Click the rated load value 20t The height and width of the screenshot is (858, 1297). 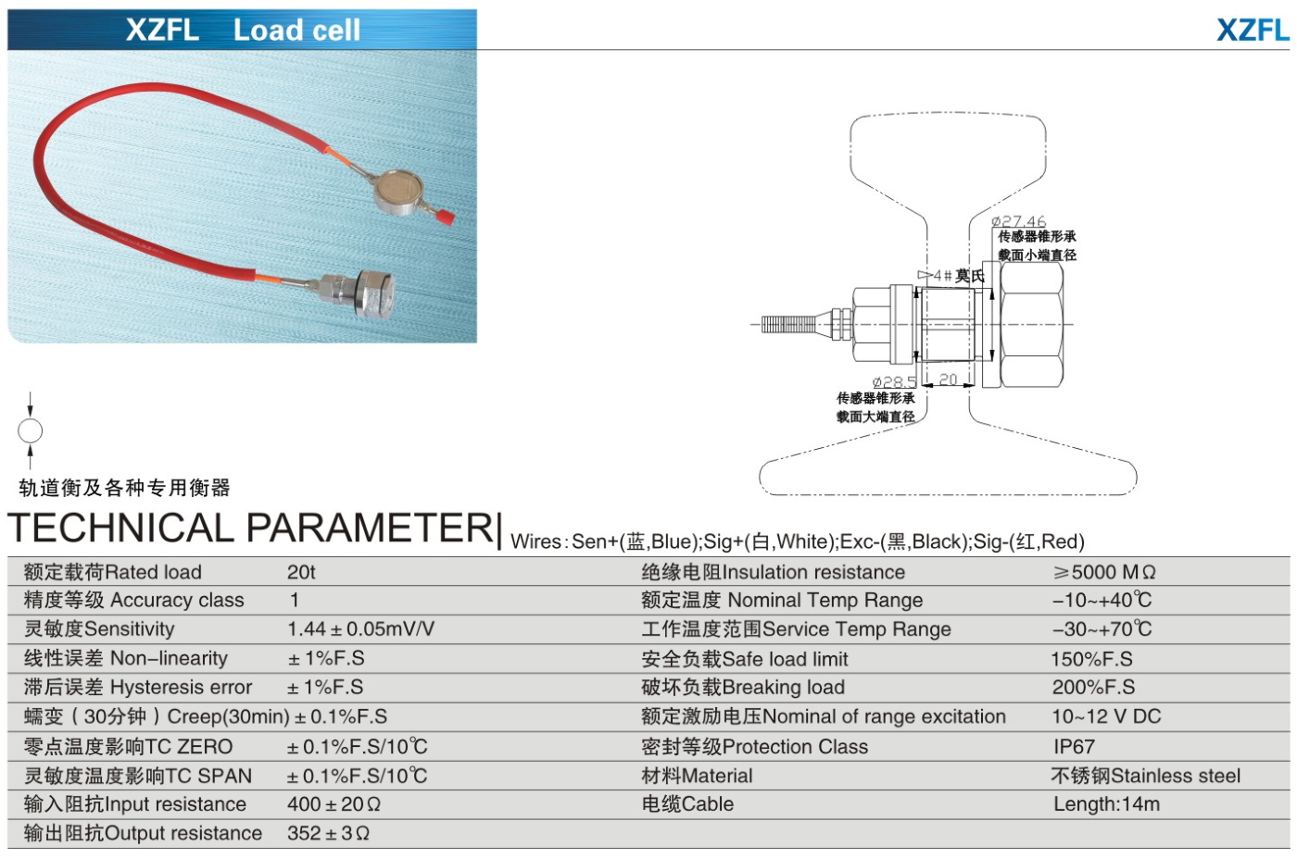(x=301, y=572)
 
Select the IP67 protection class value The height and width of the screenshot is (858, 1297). (x=1074, y=746)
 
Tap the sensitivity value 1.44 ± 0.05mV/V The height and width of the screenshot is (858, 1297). (x=360, y=629)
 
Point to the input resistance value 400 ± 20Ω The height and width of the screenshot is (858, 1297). (x=334, y=804)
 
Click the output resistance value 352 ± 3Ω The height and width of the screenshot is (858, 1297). (x=328, y=833)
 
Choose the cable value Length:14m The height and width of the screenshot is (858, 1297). (x=1106, y=804)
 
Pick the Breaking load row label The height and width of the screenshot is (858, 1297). (x=742, y=688)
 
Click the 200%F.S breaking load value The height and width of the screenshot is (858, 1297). (x=1093, y=688)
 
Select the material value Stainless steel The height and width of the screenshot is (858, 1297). (x=1145, y=776)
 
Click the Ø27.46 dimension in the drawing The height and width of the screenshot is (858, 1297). (x=1018, y=221)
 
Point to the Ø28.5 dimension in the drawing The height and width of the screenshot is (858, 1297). (x=894, y=381)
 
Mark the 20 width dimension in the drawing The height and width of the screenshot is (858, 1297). (x=948, y=379)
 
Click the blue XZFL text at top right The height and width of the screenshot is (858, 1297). (x=1253, y=31)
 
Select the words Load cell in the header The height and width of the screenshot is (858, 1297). (x=296, y=31)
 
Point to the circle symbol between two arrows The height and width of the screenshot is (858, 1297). (x=31, y=431)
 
